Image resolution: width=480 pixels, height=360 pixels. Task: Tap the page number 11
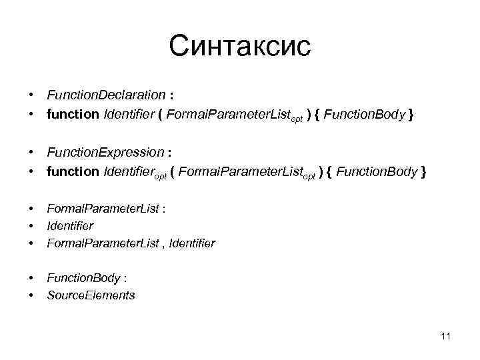[x=446, y=336]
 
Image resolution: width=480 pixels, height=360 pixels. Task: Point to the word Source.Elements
[x=91, y=295]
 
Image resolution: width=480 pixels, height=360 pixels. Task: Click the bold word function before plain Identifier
[x=72, y=115]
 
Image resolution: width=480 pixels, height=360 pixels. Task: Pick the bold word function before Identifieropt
[x=72, y=171]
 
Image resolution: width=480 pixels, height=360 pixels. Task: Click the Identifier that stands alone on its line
[x=70, y=226]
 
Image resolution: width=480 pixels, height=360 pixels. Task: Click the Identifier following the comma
[x=192, y=243]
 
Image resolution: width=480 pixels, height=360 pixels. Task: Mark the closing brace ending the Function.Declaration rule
[x=411, y=115]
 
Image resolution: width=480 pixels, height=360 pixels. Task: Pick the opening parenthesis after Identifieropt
[x=173, y=171]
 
